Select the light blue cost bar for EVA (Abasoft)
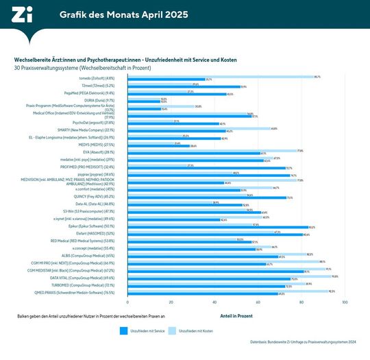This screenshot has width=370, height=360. (x=212, y=151)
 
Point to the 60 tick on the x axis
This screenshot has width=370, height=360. (x=258, y=302)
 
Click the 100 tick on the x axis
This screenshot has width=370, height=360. (x=345, y=302)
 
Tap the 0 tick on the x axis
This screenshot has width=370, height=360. (x=128, y=302)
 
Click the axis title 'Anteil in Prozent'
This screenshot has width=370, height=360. (x=236, y=317)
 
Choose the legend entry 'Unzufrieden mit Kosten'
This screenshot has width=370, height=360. (x=194, y=331)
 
